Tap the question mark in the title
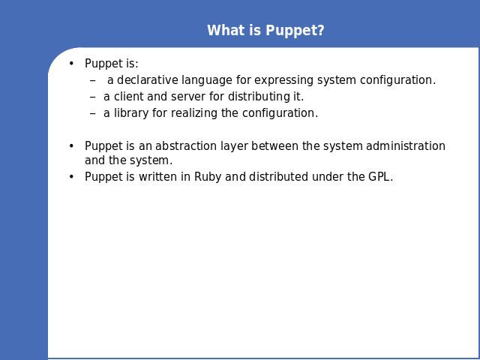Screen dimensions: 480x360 click(321, 30)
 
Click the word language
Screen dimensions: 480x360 click(207, 80)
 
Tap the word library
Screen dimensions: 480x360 click(131, 113)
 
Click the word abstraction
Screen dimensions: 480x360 click(186, 145)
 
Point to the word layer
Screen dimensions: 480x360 click(235, 146)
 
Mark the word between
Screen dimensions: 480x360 click(275, 145)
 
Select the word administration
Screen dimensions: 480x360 click(406, 145)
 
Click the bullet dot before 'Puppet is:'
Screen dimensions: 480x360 click(71, 63)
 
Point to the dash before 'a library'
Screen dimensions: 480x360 click(93, 113)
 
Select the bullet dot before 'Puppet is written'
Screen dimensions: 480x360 click(71, 177)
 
